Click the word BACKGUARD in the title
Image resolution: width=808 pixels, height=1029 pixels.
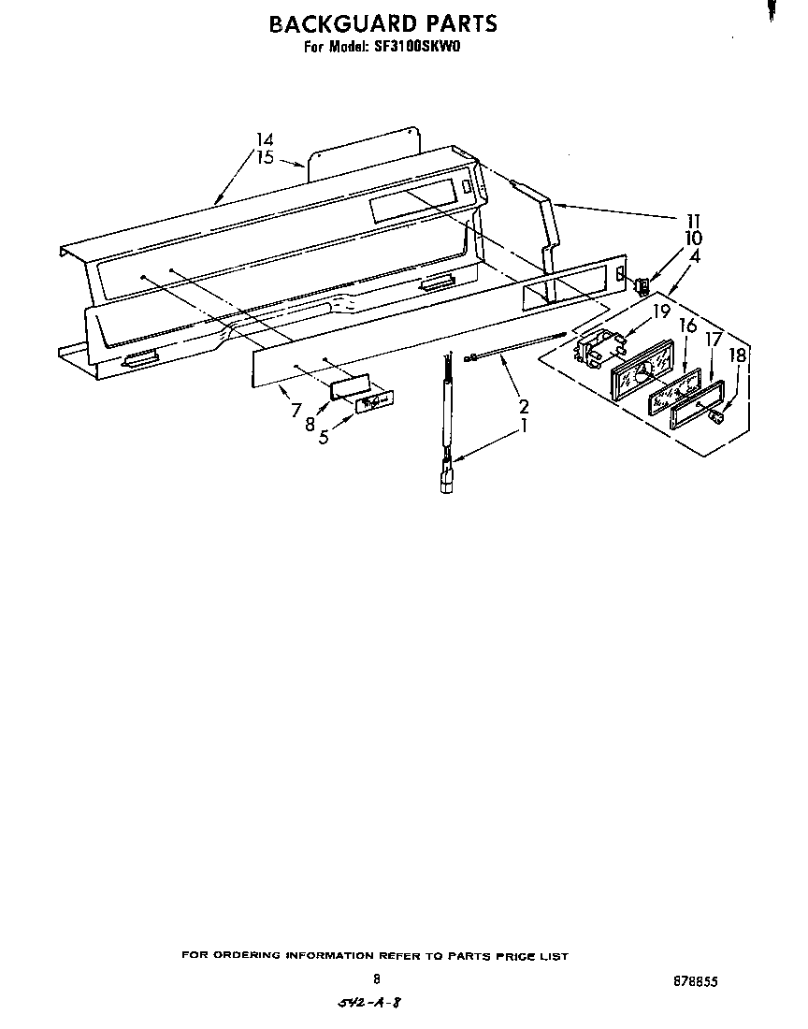point(339,23)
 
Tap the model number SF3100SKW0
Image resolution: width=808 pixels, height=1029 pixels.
point(417,47)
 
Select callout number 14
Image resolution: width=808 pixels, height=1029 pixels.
point(266,140)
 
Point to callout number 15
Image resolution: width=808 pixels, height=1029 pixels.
point(266,157)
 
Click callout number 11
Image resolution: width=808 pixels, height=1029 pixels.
point(693,221)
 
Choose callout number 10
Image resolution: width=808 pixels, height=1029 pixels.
point(693,238)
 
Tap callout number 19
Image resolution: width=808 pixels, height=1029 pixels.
point(661,312)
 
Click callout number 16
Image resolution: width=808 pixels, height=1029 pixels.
point(687,326)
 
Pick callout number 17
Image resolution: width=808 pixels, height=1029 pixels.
point(714,340)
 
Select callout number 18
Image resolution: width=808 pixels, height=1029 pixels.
point(738,356)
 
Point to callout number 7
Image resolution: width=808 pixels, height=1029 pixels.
point(296,409)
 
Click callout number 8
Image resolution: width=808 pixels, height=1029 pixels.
point(310,423)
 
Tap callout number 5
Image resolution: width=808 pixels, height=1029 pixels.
point(324,437)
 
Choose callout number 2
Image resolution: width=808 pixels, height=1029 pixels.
point(524,407)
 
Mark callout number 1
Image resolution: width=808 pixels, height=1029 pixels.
point(525,425)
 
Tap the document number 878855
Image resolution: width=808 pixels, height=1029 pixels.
point(695,981)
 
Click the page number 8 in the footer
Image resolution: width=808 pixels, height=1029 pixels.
point(376,979)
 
